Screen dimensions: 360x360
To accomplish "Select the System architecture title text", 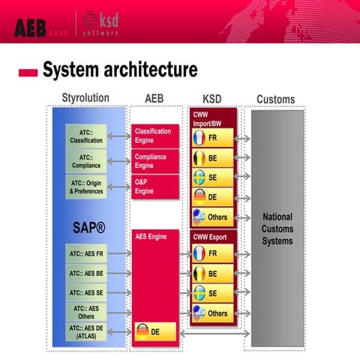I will (x=120, y=71).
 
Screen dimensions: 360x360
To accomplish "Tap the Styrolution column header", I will (x=85, y=99).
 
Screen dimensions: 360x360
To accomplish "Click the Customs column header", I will (x=275, y=99).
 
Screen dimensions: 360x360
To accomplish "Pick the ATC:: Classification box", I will (x=86, y=136).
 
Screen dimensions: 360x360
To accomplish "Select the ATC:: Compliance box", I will (x=86, y=160).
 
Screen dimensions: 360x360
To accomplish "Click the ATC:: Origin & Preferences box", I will (x=86, y=187).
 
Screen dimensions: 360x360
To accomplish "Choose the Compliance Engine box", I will (x=155, y=160).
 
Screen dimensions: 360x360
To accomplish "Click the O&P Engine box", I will (x=155, y=186).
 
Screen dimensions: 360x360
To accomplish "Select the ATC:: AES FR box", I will (x=86, y=254).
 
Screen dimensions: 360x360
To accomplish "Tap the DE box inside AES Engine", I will (x=155, y=331).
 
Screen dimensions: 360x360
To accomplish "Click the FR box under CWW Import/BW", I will (x=214, y=139).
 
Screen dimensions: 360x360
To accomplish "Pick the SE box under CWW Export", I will (x=214, y=293).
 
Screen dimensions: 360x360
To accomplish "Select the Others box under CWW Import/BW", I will (x=214, y=217).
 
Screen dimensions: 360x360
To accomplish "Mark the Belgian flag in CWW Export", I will (x=199, y=274).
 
